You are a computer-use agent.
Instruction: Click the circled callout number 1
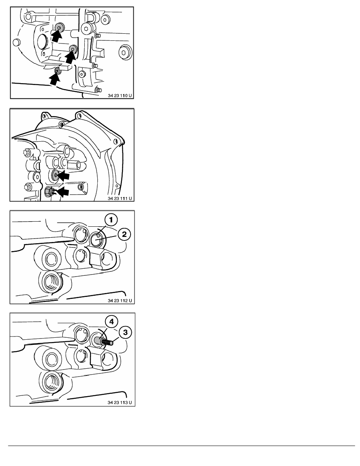111,220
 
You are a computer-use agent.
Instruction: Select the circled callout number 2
124,234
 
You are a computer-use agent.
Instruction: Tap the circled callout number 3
125,332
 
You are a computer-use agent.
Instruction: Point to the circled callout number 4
111,322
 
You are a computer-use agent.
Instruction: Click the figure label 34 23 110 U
120,96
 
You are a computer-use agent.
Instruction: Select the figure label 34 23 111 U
120,198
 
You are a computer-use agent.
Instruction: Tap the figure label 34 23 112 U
120,300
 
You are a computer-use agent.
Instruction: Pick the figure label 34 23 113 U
120,403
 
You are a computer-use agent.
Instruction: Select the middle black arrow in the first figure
71,57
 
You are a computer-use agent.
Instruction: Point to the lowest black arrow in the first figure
55,79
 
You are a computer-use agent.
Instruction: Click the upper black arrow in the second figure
63,176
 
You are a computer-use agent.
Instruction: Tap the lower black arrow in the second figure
62,192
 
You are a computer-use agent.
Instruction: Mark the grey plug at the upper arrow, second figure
55,175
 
